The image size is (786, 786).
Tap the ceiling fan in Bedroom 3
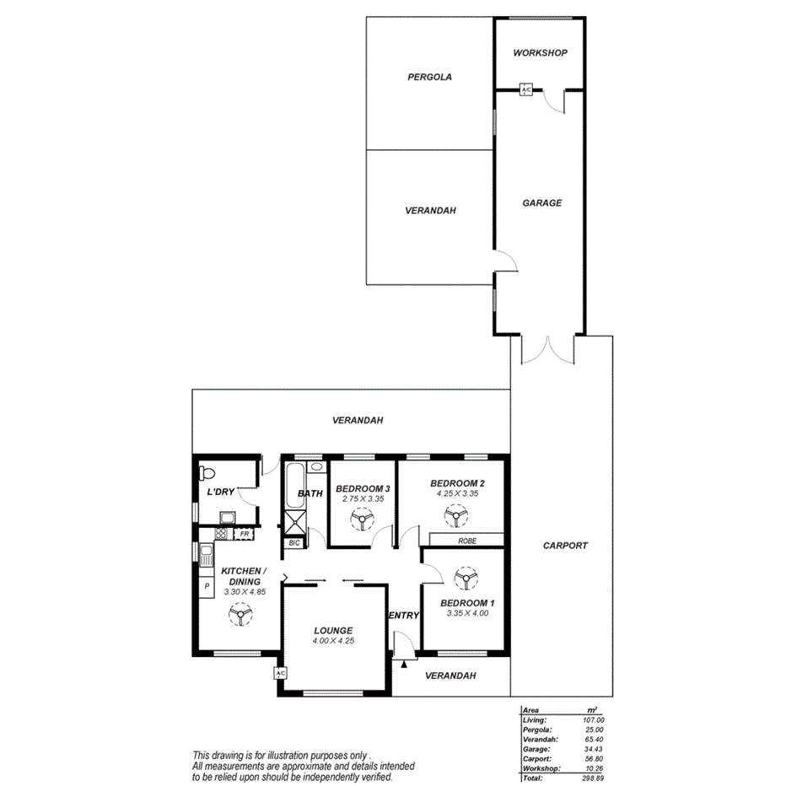click(362, 523)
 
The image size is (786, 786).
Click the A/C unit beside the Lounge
click(281, 673)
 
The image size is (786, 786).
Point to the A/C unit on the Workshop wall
click(525, 89)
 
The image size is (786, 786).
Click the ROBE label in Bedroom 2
click(467, 540)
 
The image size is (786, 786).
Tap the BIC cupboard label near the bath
click(293, 543)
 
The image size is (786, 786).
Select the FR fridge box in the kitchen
click(244, 534)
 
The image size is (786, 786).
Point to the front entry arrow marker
click(404, 665)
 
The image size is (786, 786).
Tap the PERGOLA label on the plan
click(429, 77)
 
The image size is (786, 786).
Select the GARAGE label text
click(541, 203)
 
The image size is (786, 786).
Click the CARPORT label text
click(564, 546)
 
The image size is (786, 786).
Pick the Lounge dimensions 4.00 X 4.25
click(333, 641)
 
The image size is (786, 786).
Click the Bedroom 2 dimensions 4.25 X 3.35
click(457, 494)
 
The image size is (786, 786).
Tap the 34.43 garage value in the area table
click(595, 748)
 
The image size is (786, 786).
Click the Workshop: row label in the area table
click(541, 767)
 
